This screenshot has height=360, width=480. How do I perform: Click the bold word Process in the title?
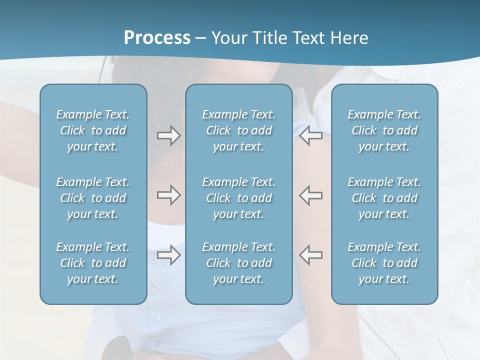tap(157, 38)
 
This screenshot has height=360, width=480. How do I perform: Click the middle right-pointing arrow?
tap(168, 195)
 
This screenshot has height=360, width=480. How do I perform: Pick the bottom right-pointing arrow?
tap(168, 255)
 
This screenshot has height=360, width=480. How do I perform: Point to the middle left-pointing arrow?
tap(310, 195)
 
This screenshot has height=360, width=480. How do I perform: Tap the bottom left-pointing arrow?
tap(310, 255)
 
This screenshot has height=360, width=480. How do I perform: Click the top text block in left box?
tap(93, 130)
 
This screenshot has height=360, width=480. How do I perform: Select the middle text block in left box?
tap(93, 198)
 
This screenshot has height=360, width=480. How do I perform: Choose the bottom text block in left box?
tap(93, 263)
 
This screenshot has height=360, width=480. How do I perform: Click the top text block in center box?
tap(238, 130)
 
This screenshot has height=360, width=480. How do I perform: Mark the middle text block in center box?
tap(238, 198)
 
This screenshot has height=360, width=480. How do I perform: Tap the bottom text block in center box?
tap(238, 263)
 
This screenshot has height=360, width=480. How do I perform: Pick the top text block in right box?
tap(384, 130)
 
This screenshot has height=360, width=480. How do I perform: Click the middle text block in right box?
tap(384, 198)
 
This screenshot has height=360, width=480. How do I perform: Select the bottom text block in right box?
tap(384, 263)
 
